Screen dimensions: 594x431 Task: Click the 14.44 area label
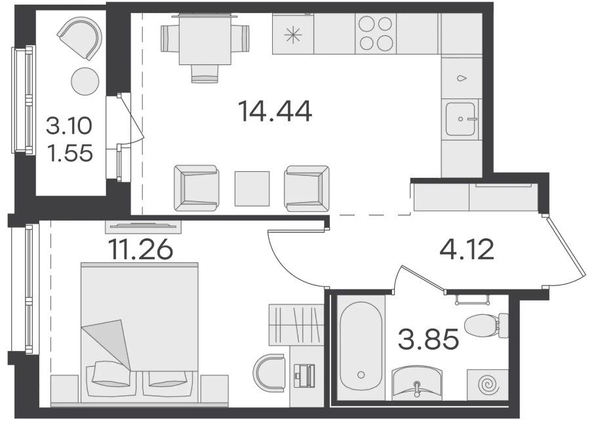tap(275, 111)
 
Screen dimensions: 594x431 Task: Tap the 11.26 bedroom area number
tap(140, 249)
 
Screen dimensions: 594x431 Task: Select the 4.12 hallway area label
tap(467, 249)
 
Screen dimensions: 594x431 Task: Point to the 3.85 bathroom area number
tap(428, 339)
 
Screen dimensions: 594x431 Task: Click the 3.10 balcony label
tap(69, 126)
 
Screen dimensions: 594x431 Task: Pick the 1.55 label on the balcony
tap(70, 153)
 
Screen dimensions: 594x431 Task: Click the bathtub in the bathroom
tap(361, 346)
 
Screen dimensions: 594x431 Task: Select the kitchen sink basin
tap(460, 119)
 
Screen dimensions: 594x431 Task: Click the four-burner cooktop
tap(376, 33)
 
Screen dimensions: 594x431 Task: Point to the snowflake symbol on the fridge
tap(293, 35)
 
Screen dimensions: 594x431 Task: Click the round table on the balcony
tap(85, 81)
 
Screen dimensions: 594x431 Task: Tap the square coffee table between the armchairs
tap(252, 189)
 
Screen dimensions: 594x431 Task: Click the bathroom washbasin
tap(417, 382)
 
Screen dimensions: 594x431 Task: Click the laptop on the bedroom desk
tap(305, 375)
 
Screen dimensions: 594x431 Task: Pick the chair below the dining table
tap(205, 73)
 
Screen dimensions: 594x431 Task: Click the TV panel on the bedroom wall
tap(143, 226)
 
